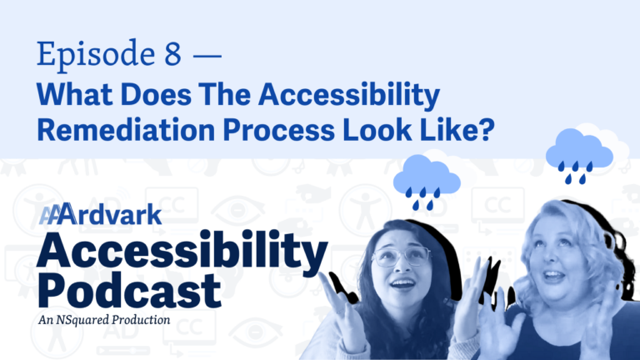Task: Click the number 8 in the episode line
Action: [x=172, y=53]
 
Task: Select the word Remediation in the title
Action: [x=126, y=130]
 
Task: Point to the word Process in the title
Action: [x=279, y=130]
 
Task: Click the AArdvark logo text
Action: [x=100, y=214]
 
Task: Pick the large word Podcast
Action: [x=130, y=290]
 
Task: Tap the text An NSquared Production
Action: [x=104, y=320]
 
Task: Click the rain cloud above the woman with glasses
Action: [x=427, y=182]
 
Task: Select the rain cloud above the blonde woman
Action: [x=579, y=156]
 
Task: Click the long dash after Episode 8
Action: [x=207, y=55]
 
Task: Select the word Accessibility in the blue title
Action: [x=349, y=95]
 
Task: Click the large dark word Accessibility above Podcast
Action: [x=182, y=250]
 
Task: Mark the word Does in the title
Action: [x=156, y=94]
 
